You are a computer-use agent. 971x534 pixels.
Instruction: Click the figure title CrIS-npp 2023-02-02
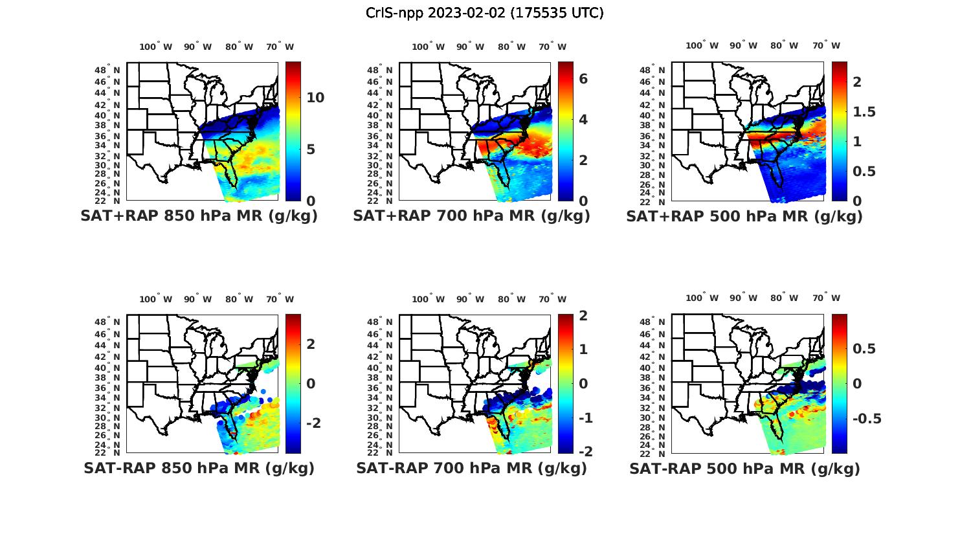click(x=484, y=13)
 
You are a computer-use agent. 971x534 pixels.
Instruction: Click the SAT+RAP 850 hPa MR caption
click(x=199, y=216)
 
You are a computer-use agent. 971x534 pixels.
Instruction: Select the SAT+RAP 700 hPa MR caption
click(x=471, y=216)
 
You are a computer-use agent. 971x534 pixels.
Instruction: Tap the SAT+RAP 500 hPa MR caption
click(x=744, y=216)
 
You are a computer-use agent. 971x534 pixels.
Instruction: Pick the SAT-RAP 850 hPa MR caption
click(x=199, y=468)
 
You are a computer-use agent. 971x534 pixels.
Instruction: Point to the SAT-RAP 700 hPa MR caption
click(x=471, y=468)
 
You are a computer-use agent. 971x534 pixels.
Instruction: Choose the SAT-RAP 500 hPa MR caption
click(x=744, y=468)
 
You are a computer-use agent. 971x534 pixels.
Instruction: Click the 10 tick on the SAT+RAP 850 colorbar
click(x=315, y=98)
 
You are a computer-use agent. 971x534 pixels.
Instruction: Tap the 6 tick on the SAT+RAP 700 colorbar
click(x=583, y=78)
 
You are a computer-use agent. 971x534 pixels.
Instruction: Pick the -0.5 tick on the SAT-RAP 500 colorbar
click(x=866, y=419)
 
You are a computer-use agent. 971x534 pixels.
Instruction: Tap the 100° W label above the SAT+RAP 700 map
click(x=428, y=47)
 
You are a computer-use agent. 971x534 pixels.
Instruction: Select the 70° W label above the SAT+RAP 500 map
click(x=826, y=45)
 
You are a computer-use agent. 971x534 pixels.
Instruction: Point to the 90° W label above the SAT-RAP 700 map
click(x=470, y=299)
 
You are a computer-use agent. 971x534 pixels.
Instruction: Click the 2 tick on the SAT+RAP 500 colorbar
click(x=857, y=82)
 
